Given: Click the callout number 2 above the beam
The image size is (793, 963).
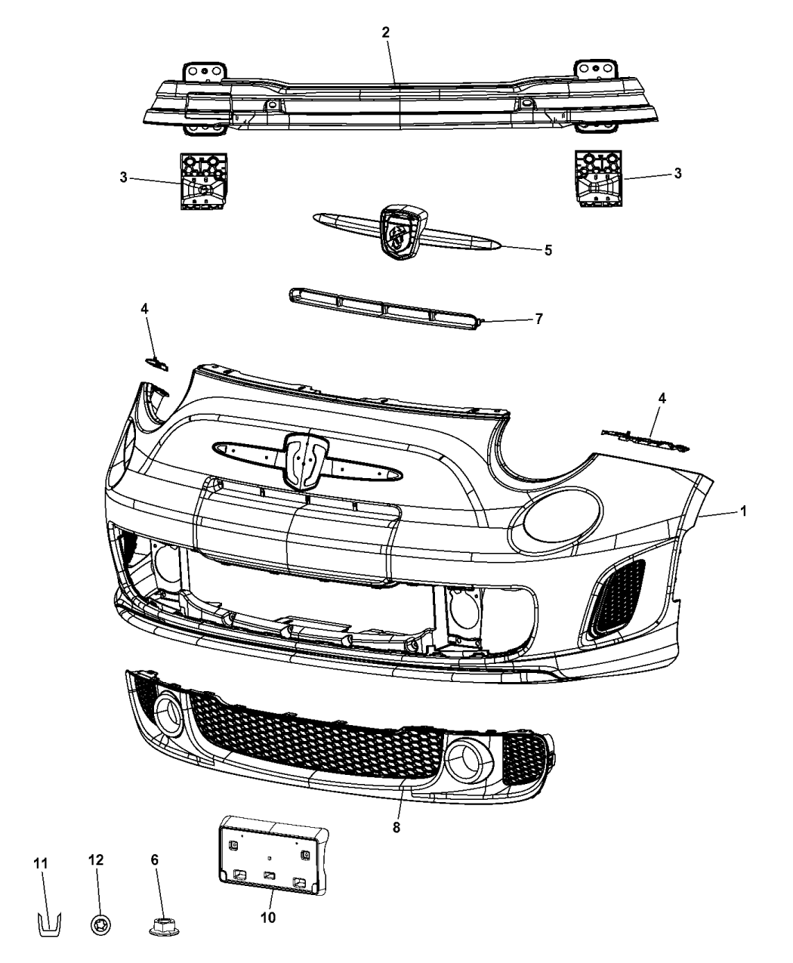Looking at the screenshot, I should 386,32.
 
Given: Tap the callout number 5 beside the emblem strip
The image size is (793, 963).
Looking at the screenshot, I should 548,249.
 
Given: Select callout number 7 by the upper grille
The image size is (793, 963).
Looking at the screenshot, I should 538,319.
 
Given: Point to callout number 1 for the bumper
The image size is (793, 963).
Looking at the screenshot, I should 743,511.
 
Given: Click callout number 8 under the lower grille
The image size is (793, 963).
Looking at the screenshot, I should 396,828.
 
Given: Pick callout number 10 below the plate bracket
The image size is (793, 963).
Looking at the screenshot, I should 268,918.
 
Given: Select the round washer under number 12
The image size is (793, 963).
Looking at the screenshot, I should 98,923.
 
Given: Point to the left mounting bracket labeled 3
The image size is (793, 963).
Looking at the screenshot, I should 202,180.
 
